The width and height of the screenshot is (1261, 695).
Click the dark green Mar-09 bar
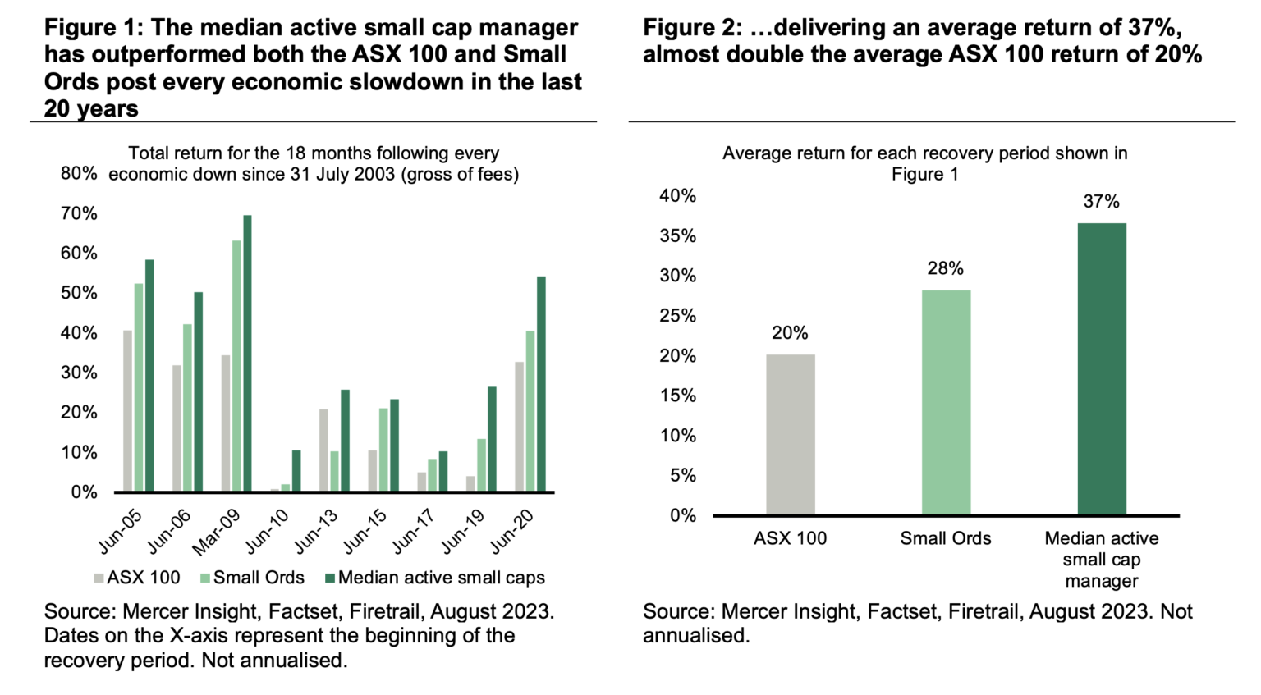pyautogui.click(x=247, y=354)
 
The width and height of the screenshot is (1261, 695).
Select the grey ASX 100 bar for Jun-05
pyautogui.click(x=127, y=411)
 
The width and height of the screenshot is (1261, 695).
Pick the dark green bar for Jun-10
pyautogui.click(x=296, y=471)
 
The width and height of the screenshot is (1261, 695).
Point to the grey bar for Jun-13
pyautogui.click(x=323, y=450)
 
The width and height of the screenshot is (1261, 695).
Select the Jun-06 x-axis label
pyautogui.click(x=169, y=531)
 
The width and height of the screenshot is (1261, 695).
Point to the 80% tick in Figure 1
pyautogui.click(x=79, y=174)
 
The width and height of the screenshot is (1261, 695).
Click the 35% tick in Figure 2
pyautogui.click(x=677, y=236)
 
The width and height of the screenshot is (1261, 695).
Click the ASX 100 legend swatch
pyautogui.click(x=99, y=578)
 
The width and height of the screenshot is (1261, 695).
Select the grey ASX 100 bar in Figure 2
pyautogui.click(x=791, y=435)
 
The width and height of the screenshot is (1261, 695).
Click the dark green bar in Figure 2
pyautogui.click(x=1102, y=369)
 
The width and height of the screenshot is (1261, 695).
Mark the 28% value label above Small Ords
pyautogui.click(x=946, y=268)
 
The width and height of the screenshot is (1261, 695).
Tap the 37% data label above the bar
pyautogui.click(x=1102, y=202)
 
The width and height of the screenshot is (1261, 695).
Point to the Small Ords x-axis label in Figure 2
pyautogui.click(x=946, y=538)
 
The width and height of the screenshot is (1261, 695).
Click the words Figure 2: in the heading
pyautogui.click(x=692, y=28)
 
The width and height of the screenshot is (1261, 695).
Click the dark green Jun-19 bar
pyautogui.click(x=492, y=439)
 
